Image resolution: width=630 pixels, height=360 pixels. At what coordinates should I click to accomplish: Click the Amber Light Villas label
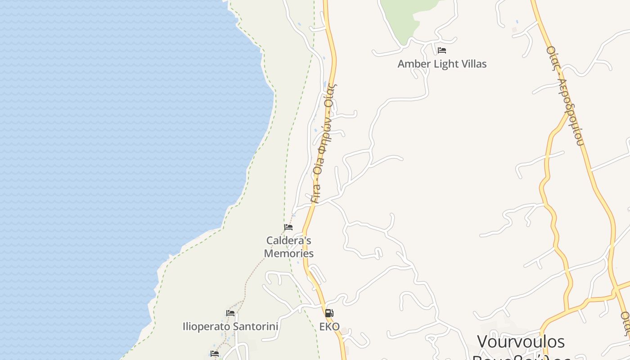442,64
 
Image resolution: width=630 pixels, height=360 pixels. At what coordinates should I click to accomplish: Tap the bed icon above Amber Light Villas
442,50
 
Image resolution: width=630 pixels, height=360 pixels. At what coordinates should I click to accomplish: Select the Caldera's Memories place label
288,247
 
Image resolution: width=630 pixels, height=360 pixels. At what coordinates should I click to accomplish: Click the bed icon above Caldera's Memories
288,227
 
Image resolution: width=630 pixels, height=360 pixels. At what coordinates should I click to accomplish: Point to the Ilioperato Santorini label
230,326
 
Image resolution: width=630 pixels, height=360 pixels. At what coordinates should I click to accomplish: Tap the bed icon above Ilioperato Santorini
230,313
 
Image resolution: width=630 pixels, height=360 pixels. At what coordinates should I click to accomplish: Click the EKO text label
329,327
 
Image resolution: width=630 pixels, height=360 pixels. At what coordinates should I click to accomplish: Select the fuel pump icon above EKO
329,313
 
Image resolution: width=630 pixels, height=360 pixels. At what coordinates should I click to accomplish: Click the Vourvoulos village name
521,342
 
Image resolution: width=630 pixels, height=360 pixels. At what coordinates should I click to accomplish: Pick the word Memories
288,253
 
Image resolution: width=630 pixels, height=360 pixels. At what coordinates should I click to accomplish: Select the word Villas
472,64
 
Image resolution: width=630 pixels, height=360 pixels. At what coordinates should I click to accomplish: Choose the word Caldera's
288,241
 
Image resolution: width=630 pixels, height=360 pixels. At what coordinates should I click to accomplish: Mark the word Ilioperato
205,326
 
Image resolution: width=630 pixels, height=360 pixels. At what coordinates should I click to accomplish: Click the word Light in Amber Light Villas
445,64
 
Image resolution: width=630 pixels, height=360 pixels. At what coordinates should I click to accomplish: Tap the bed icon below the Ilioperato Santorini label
215,354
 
